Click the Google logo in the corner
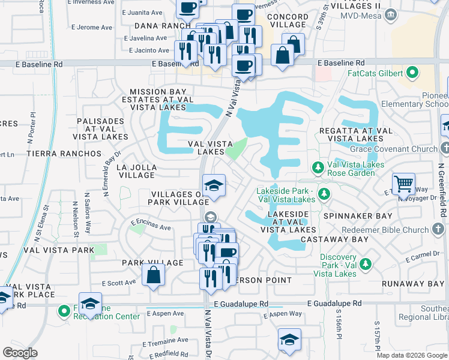pos(20,352)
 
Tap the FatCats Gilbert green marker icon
pos(412,74)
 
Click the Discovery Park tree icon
pos(365,263)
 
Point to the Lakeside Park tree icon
pos(324,193)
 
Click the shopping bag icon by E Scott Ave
pos(154,275)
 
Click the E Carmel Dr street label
pos(423,256)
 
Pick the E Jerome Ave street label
pos(92,27)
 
